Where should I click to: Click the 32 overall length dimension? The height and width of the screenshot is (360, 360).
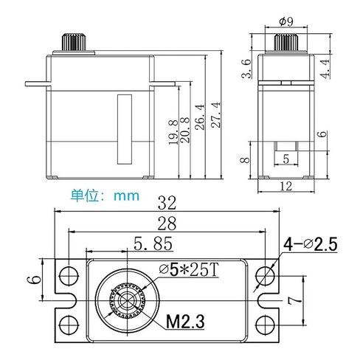pyautogui.click(x=167, y=203)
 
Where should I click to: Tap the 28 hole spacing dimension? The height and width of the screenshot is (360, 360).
pyautogui.click(x=167, y=224)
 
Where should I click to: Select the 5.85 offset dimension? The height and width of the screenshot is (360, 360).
pyautogui.click(x=153, y=243)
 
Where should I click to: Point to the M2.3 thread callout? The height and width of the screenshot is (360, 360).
pyautogui.click(x=185, y=322)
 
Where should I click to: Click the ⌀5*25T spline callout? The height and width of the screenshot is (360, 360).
pyautogui.click(x=189, y=270)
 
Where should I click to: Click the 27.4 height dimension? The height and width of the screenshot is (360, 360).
pyautogui.click(x=216, y=115)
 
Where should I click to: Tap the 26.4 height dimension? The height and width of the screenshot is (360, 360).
pyautogui.click(x=199, y=117)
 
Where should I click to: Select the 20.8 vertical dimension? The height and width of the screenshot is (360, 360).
pyautogui.click(x=184, y=130)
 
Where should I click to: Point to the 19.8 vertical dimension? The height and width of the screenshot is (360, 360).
pyautogui.click(x=173, y=132)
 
